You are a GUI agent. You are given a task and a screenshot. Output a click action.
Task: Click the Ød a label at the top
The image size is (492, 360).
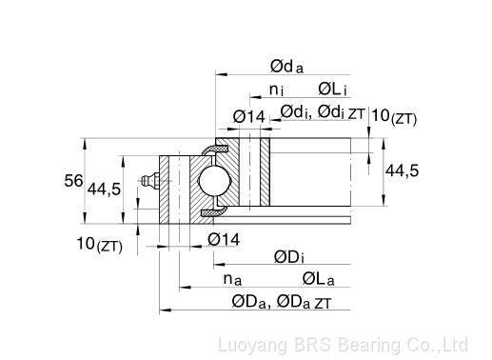point(286,67)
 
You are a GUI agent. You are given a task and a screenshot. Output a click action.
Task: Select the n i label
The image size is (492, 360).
point(276,90)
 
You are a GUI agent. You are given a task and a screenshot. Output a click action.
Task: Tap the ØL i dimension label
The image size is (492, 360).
point(332,90)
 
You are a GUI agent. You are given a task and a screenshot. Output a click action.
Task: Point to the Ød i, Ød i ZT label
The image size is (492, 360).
point(323,112)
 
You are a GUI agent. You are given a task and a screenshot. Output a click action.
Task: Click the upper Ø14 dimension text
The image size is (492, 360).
point(248,117)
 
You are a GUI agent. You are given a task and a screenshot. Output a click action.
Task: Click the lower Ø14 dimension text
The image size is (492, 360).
point(224,239)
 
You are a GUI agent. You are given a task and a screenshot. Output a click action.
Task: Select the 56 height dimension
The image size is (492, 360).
point(73,181)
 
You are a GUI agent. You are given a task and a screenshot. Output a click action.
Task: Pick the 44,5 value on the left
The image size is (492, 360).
point(104,190)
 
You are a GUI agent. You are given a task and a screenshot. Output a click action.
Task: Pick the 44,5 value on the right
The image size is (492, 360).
point(402,171)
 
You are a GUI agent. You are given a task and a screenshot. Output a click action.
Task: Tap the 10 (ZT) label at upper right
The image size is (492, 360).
point(394,116)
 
